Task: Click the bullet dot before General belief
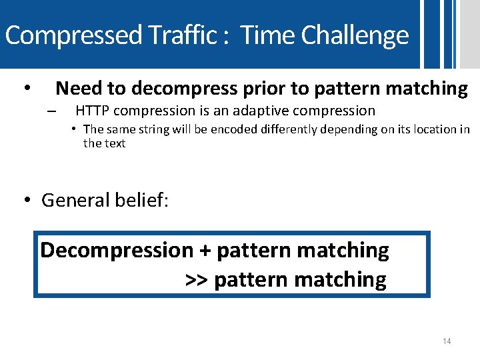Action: (27, 200)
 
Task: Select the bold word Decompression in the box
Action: (117, 251)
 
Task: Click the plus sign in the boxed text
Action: (205, 251)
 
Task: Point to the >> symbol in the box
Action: (197, 280)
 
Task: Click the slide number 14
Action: (447, 341)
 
